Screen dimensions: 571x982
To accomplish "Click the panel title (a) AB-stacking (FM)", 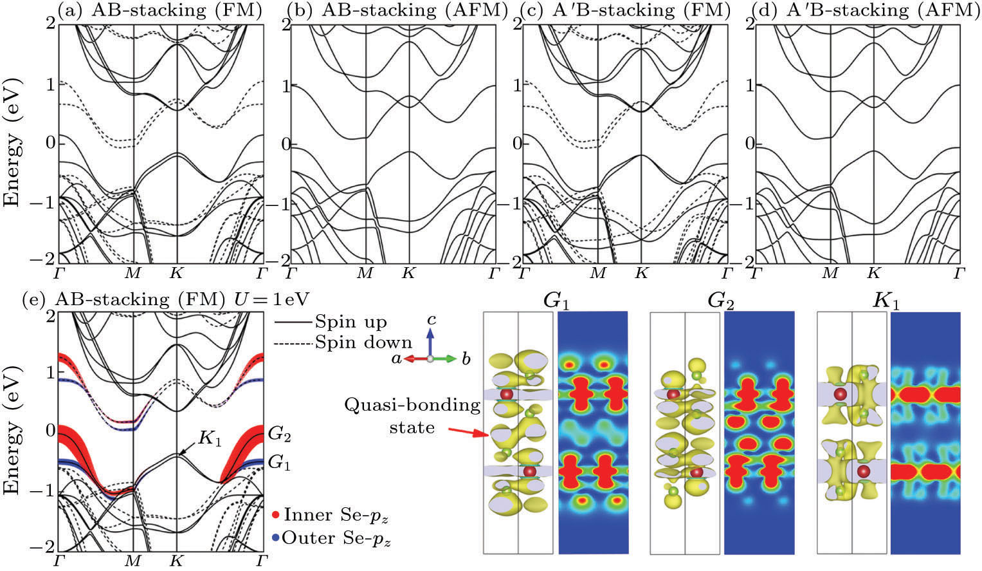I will (161, 11).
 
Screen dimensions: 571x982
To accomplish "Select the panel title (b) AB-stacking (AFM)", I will (397, 11).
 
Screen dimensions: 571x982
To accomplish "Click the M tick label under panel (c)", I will (598, 273).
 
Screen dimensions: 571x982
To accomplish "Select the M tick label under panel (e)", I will (132, 560).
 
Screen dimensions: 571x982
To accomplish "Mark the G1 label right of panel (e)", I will (279, 462).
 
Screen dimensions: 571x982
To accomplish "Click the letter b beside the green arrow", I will (465, 359).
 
